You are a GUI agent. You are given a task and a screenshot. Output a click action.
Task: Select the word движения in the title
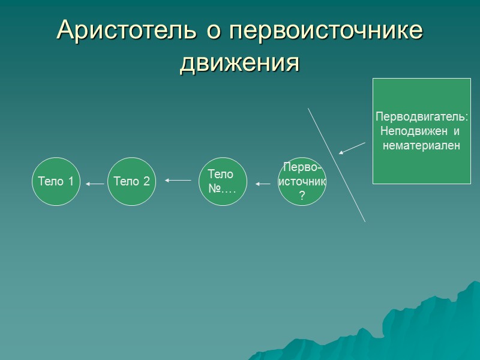(x=239, y=62)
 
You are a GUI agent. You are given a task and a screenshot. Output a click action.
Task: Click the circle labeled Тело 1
(x=56, y=182)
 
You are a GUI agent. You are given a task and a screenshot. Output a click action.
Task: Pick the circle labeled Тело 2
(x=131, y=182)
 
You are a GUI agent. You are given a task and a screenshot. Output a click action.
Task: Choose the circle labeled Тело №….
(x=223, y=182)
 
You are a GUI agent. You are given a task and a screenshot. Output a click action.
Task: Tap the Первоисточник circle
(x=302, y=182)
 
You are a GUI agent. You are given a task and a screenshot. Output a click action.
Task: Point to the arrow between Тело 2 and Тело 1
(x=94, y=184)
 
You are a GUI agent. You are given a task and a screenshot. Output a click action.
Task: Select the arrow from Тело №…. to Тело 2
(x=178, y=180)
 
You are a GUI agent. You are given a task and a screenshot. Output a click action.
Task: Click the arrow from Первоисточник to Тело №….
(x=263, y=184)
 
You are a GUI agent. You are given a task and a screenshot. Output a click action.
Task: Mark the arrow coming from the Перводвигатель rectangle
(x=352, y=148)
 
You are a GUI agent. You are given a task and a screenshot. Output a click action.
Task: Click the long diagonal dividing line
(x=337, y=165)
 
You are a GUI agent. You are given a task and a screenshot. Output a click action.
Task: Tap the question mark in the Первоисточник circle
(x=302, y=196)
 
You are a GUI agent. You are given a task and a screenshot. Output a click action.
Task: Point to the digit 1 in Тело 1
(x=71, y=182)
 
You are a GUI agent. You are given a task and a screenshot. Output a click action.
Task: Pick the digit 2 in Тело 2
(x=146, y=182)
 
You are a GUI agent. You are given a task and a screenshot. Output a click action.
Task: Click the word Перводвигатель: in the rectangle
(x=421, y=117)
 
